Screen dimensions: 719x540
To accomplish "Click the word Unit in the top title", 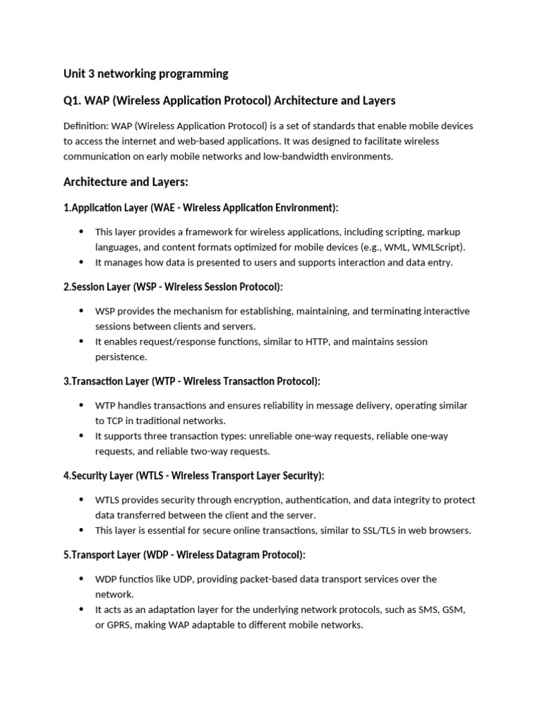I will (74, 74).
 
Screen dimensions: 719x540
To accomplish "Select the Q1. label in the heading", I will (72, 100).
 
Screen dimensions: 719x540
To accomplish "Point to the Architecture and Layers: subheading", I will (126, 182).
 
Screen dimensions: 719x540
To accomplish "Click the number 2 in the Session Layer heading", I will (66, 287).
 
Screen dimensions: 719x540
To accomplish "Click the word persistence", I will (121, 357).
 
